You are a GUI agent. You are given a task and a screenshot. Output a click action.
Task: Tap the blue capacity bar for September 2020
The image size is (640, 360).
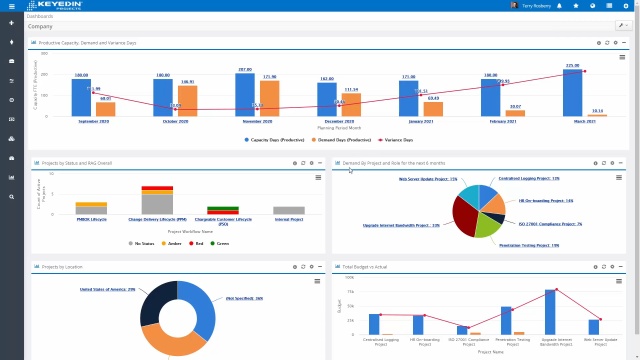(82, 97)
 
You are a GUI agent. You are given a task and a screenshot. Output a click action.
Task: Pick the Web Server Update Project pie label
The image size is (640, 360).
(428, 179)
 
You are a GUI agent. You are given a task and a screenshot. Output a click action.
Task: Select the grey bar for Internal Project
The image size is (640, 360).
(289, 210)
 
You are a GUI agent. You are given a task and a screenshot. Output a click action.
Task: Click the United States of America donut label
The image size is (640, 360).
(107, 289)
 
